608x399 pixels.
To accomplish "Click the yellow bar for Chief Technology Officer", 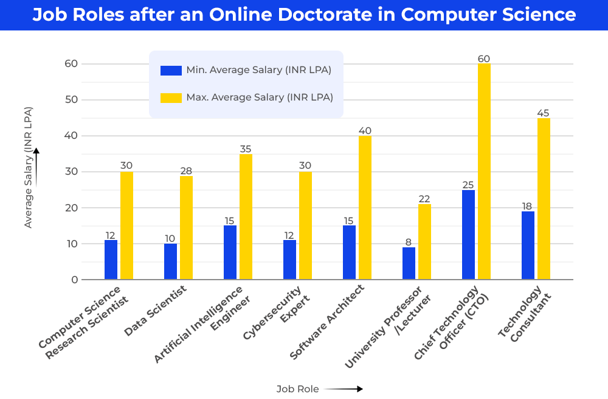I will pyautogui.click(x=484, y=172).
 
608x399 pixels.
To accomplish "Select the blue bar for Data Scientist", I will pyautogui.click(x=170, y=262).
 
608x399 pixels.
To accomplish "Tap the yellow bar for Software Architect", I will pyautogui.click(x=365, y=208).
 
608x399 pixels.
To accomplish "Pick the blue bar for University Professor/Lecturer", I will pyautogui.click(x=409, y=263).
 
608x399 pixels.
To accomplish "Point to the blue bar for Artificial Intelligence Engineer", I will pyautogui.click(x=230, y=253).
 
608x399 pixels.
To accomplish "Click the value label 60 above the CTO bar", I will pyautogui.click(x=484, y=59).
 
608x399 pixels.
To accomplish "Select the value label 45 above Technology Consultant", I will pyautogui.click(x=544, y=113).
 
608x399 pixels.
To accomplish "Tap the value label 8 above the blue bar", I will pyautogui.click(x=409, y=242).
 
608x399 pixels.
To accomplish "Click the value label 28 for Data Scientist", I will pyautogui.click(x=186, y=171).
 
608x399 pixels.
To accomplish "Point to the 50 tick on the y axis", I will pyautogui.click(x=71, y=100).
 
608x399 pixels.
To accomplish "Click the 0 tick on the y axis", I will pyautogui.click(x=75, y=280).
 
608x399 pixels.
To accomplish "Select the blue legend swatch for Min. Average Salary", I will pyautogui.click(x=171, y=71).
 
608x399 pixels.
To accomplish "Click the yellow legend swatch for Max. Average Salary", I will pyautogui.click(x=171, y=97).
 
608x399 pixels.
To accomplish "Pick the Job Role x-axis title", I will pyautogui.click(x=297, y=389).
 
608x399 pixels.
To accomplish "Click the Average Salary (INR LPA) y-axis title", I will pyautogui.click(x=28, y=168).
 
